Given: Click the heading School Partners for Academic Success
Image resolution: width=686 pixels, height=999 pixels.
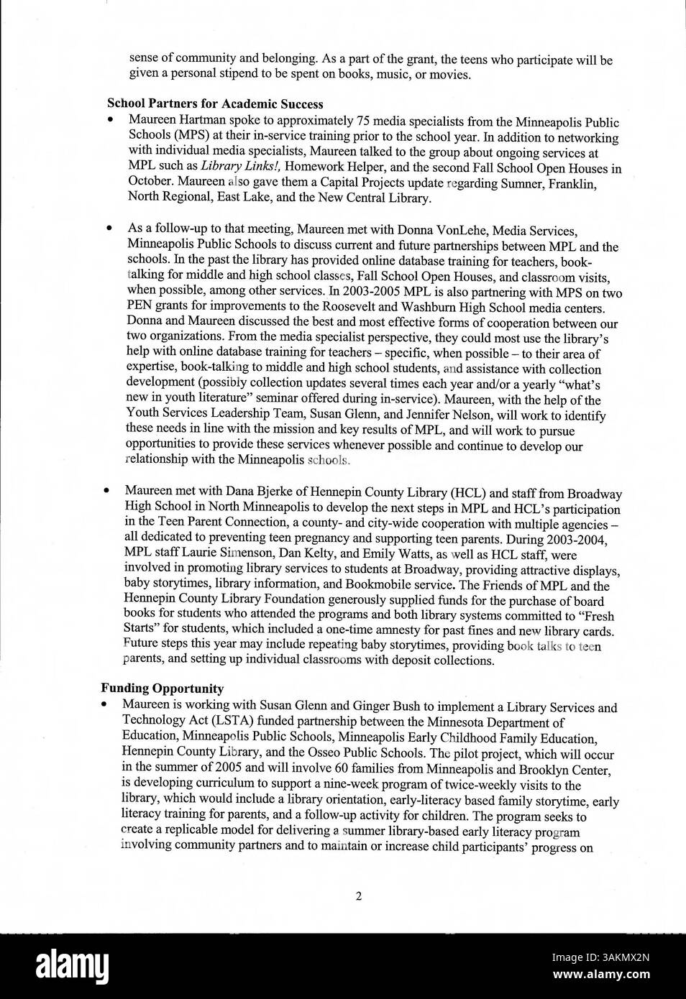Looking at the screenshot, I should click(x=215, y=104).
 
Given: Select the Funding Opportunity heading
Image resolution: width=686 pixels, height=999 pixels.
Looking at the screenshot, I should click(x=162, y=689).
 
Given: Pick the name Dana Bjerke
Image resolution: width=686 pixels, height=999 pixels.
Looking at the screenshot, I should click(x=258, y=493).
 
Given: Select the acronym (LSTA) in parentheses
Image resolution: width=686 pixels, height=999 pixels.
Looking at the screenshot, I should click(x=215, y=722).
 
